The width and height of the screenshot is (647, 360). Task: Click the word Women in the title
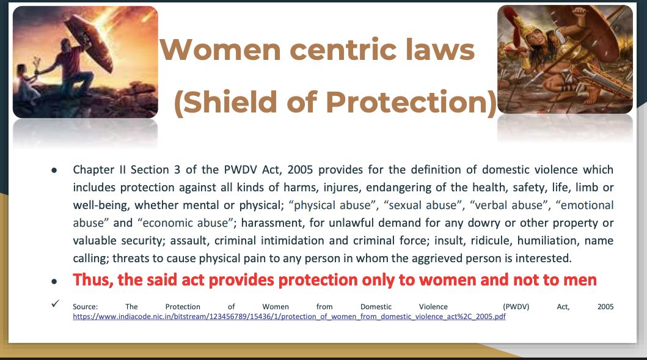pyautogui.click(x=221, y=50)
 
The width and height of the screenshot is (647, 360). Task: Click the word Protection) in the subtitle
pyautogui.click(x=411, y=102)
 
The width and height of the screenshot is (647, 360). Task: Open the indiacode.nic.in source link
pyautogui.click(x=289, y=317)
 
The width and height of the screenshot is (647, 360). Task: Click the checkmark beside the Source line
pyautogui.click(x=56, y=303)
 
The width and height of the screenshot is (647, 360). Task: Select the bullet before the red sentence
pyautogui.click(x=54, y=282)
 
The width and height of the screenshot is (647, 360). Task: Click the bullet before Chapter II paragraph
pyautogui.click(x=54, y=170)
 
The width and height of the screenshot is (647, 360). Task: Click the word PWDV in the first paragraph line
pyautogui.click(x=240, y=170)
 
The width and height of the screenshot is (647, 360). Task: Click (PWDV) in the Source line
pyautogui.click(x=516, y=307)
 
